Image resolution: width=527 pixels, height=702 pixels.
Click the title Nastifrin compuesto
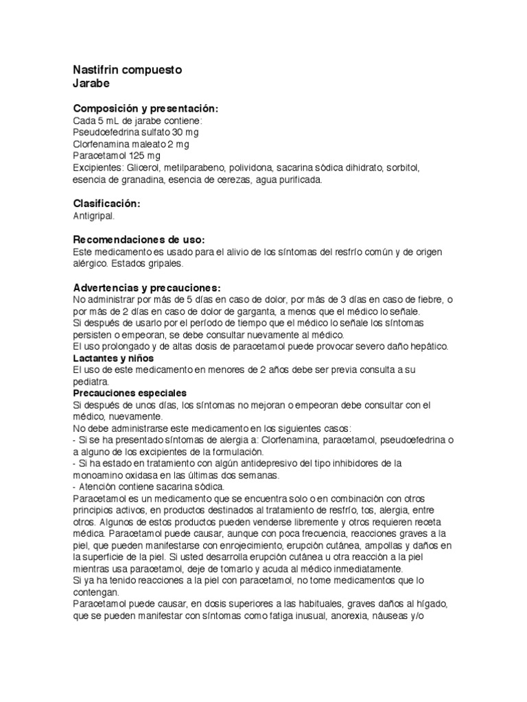[x=127, y=70]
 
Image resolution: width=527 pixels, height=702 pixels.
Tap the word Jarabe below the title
[x=91, y=84]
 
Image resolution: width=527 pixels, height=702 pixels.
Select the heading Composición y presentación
[x=145, y=109]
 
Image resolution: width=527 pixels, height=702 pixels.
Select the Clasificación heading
[x=106, y=204]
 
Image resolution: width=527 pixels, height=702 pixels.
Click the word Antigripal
[x=94, y=216]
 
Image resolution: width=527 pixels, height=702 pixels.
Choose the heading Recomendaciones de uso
[x=139, y=240]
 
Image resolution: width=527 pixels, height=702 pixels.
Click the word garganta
[x=217, y=311]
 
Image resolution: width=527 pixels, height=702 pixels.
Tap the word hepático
[x=429, y=346]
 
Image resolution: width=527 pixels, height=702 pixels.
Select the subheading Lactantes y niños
[x=113, y=359]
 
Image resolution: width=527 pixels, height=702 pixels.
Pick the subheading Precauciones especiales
[x=130, y=394]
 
